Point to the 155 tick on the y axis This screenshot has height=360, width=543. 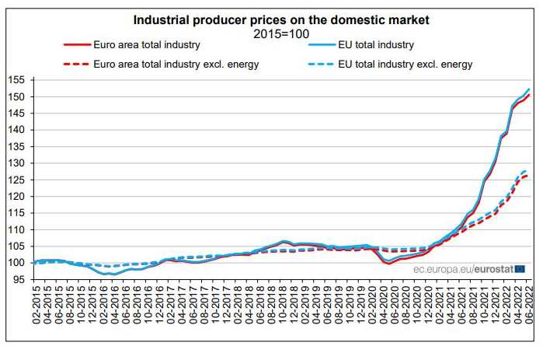pos(16,80)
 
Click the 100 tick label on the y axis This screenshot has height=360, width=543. pos(16,263)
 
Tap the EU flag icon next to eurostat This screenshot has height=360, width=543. pos(520,269)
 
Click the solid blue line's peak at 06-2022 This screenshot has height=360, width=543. pos(529,89)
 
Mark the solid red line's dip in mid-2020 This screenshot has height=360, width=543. pos(387,264)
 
